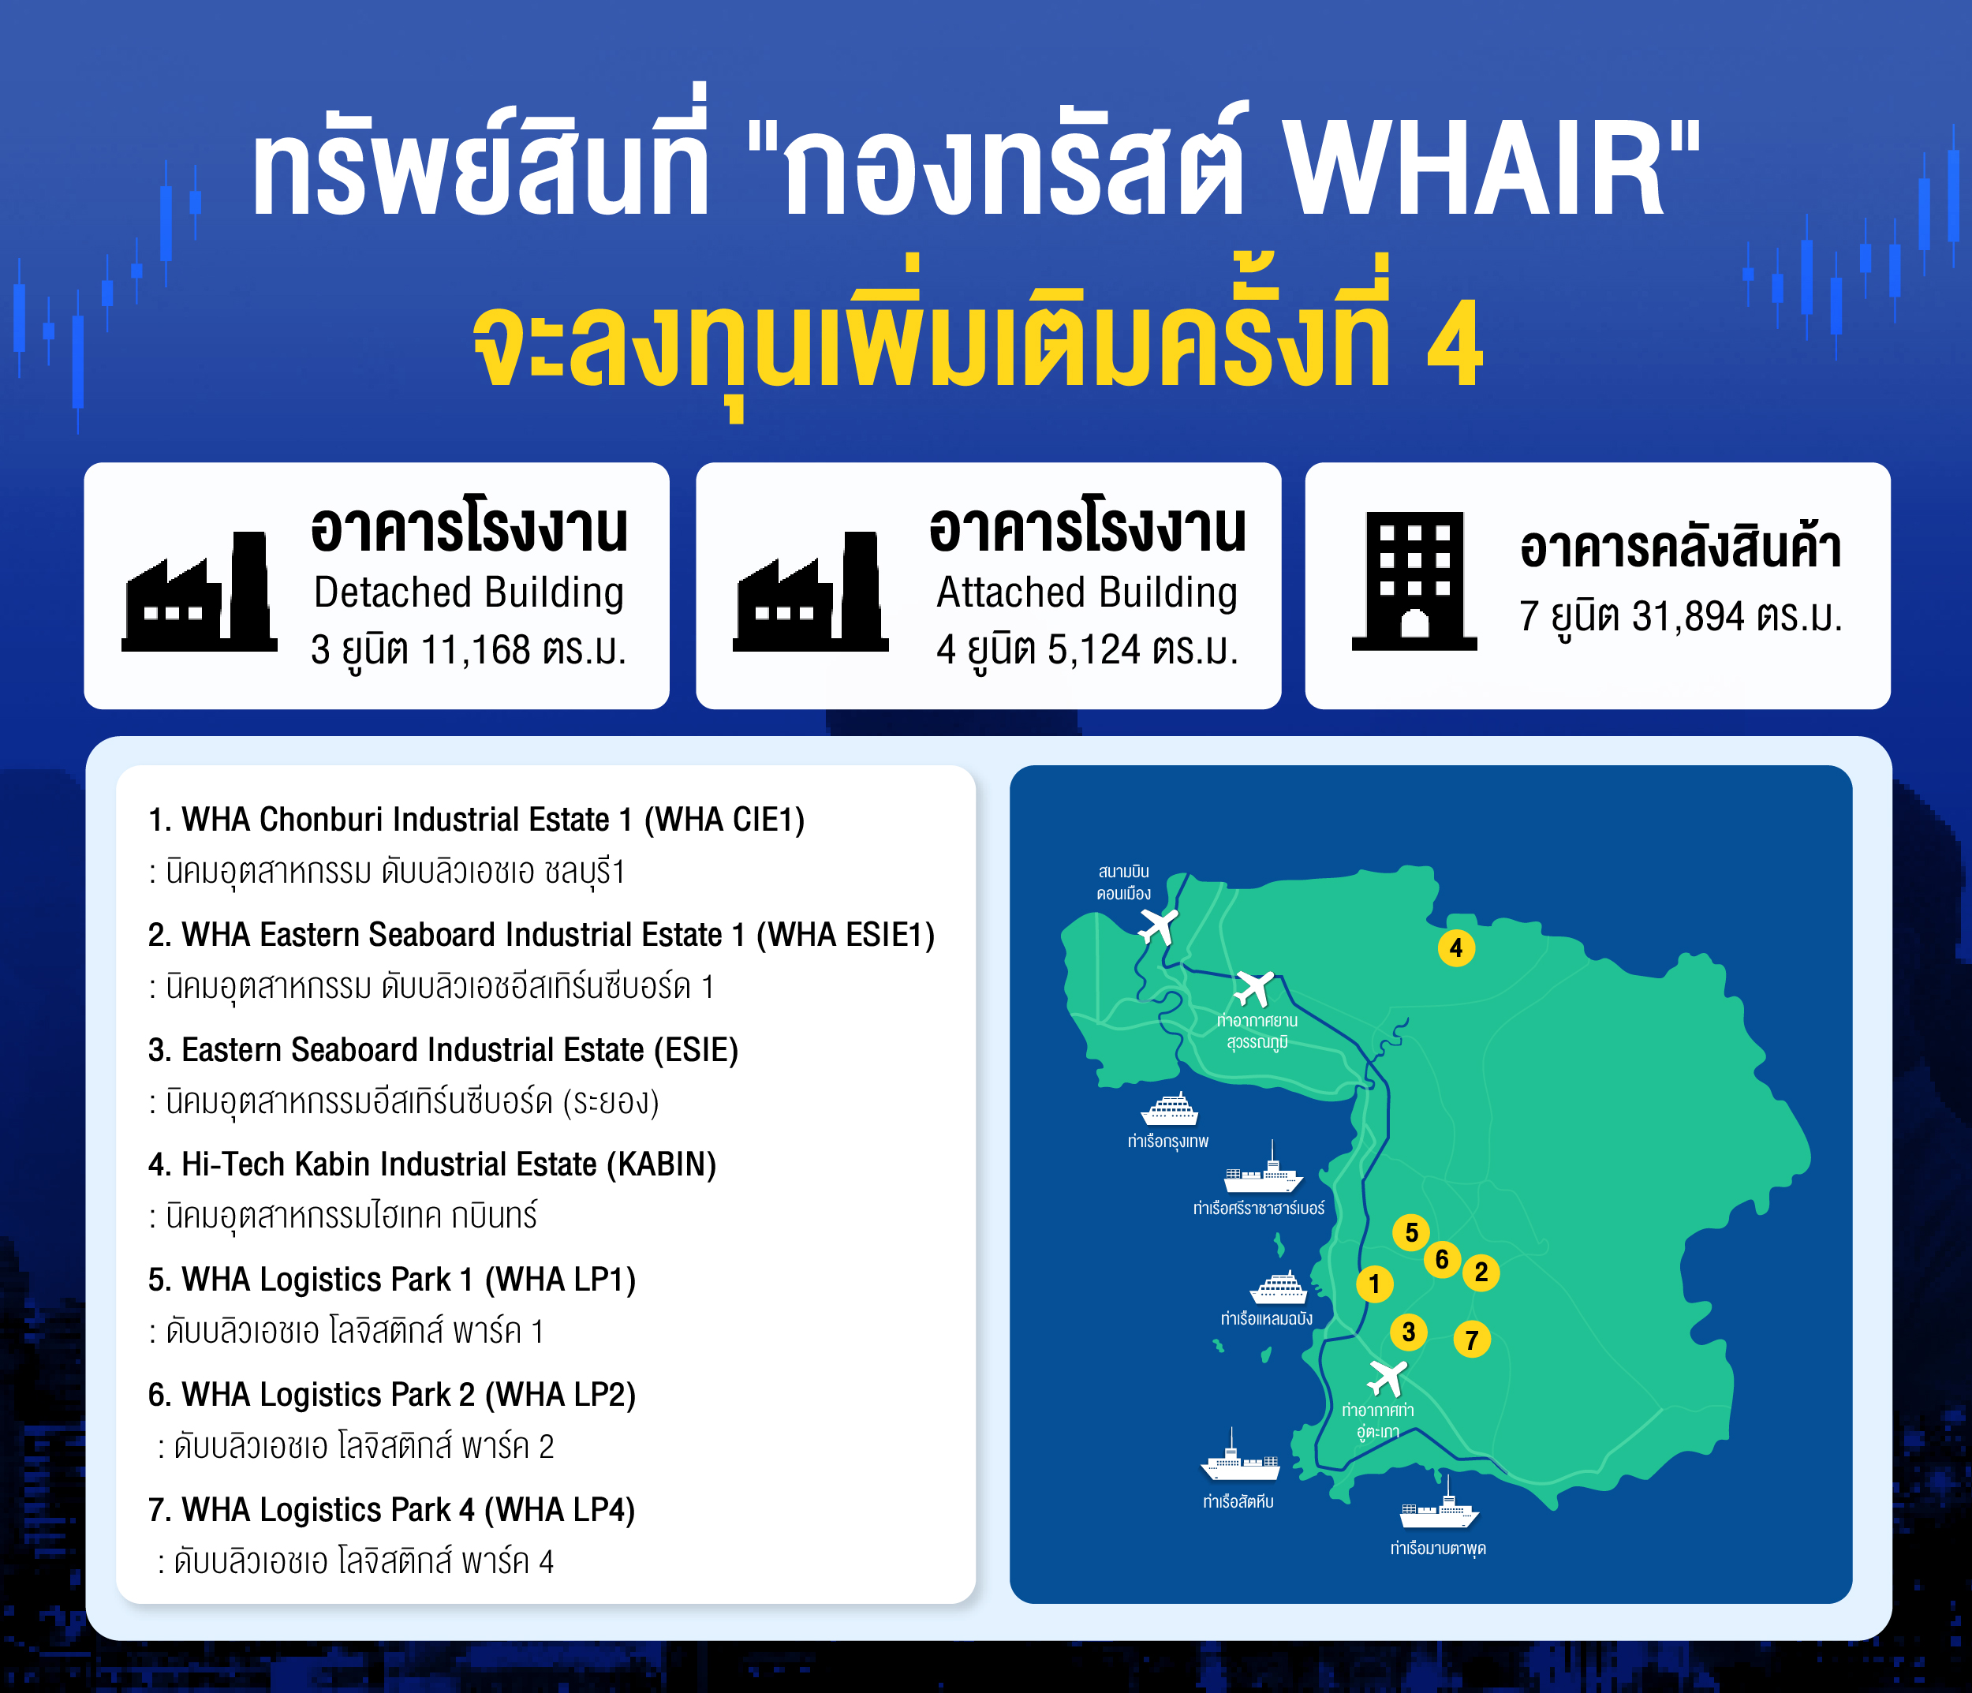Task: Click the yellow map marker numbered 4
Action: (x=1455, y=947)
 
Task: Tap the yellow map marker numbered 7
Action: (x=1471, y=1339)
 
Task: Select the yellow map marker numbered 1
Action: (x=1373, y=1284)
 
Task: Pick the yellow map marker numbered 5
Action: (x=1410, y=1232)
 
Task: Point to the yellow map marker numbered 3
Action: (x=1409, y=1332)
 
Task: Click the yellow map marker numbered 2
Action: (x=1481, y=1273)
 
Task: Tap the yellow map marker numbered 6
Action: (x=1443, y=1260)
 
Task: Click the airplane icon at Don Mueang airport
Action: (x=1158, y=925)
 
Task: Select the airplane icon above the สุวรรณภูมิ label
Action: (x=1253, y=988)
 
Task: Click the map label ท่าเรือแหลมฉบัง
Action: (x=1267, y=1319)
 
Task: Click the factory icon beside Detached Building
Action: (x=200, y=591)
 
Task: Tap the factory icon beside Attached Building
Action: (x=811, y=591)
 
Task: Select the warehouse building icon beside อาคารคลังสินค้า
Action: (x=1414, y=581)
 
